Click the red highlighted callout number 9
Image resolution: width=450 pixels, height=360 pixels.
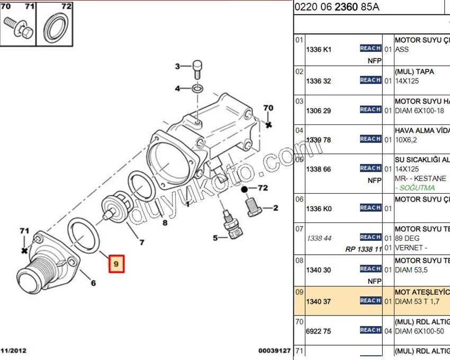[116, 264]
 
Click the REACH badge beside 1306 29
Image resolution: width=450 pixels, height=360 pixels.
[370, 110]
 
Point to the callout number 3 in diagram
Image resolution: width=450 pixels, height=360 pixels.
[178, 66]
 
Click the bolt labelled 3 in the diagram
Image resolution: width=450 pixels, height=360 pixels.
[196, 67]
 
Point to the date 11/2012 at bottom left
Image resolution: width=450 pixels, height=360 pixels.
[13, 350]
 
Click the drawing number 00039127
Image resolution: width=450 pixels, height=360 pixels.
[274, 350]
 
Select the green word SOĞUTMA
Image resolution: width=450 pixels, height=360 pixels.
[415, 188]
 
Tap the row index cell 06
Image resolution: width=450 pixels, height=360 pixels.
[300, 200]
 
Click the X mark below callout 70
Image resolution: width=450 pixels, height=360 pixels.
[268, 124]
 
